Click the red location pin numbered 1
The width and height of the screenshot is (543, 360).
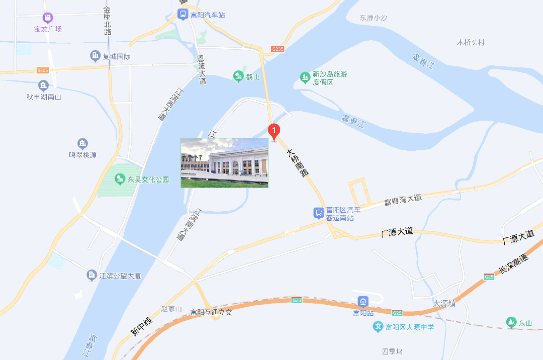pyautogui.click(x=274, y=132)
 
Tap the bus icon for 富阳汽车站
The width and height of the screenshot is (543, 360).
pyautogui.click(x=183, y=15)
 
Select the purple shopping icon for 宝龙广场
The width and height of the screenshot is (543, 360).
pyautogui.click(x=48, y=18)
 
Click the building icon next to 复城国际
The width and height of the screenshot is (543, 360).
pyautogui.click(x=95, y=56)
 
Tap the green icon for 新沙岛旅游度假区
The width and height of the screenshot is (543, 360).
pyautogui.click(x=304, y=77)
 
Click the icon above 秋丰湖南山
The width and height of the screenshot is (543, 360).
pyautogui.click(x=44, y=85)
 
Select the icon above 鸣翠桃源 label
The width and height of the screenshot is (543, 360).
pyautogui.click(x=82, y=144)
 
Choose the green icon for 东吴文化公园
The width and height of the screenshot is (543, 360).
pyautogui.click(x=119, y=179)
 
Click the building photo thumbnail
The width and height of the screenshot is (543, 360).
pyautogui.click(x=224, y=162)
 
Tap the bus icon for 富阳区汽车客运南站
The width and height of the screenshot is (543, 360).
pyautogui.click(x=318, y=213)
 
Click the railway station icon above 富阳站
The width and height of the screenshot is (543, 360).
pyautogui.click(x=363, y=302)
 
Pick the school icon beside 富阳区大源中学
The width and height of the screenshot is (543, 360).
pyautogui.click(x=378, y=327)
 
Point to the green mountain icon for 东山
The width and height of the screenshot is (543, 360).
pyautogui.click(x=511, y=322)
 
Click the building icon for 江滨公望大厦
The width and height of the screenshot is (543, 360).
pyautogui.click(x=92, y=275)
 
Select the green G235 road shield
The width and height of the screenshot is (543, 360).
pyautogui.click(x=278, y=49)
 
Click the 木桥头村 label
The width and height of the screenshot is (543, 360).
pyautogui.click(x=470, y=42)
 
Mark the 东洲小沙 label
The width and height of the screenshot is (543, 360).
pyautogui.click(x=374, y=18)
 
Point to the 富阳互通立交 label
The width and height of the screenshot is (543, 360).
pyautogui.click(x=211, y=312)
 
